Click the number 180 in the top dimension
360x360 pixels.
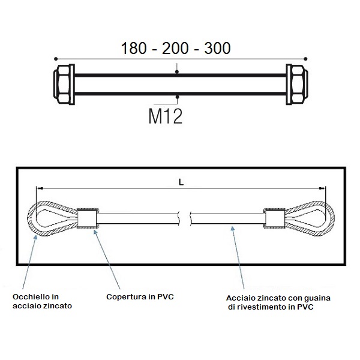(134, 48)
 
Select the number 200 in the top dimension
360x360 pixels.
(175, 48)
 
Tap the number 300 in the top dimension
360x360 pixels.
(217, 48)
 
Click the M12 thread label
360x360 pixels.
(166, 116)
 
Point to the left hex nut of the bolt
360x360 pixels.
(62, 84)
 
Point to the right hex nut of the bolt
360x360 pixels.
(299, 84)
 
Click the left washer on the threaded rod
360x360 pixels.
(71, 84)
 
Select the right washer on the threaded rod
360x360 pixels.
(289, 84)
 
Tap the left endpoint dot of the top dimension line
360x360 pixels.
(56, 59)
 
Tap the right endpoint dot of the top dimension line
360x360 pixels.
(305, 59)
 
